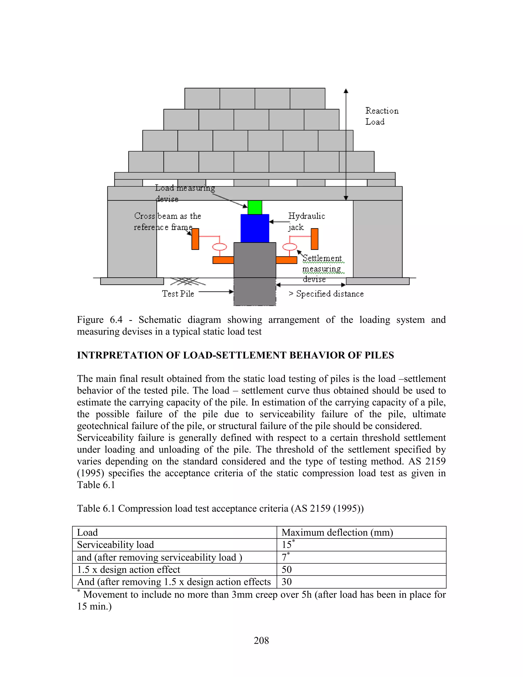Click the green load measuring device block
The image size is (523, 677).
coord(255,207)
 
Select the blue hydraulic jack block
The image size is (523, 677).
coord(255,228)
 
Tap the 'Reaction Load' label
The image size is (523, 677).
coord(382,116)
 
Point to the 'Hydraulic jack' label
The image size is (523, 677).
coord(306,221)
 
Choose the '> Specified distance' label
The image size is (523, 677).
coord(326,294)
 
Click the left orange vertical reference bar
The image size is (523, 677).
coord(195,239)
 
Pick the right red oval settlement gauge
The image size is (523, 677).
coord(290,247)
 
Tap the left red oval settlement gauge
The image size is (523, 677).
coord(219,247)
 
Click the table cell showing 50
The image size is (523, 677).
coord(287,569)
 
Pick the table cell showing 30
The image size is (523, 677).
coord(287,582)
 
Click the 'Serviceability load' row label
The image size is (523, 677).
coord(115,545)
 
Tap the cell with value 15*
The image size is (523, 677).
coord(288,544)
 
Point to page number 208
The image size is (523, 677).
coord(261,640)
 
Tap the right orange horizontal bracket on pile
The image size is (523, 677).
coord(286,260)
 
